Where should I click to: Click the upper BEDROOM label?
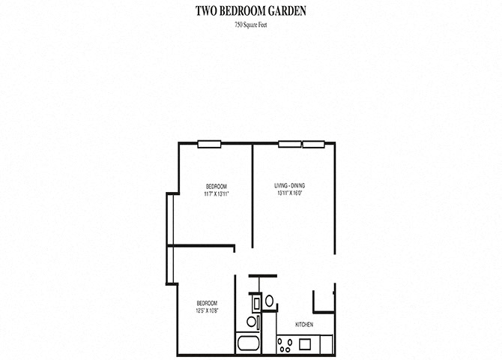click(216, 186)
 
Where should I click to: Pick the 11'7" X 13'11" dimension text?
click(216, 193)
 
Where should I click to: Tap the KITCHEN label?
click(303, 325)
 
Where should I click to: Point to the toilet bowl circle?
click(252, 322)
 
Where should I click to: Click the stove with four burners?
click(285, 346)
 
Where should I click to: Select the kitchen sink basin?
click(305, 346)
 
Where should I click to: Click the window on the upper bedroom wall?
click(208, 144)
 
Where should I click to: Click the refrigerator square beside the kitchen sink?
click(324, 346)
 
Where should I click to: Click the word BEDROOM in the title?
click(239, 10)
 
